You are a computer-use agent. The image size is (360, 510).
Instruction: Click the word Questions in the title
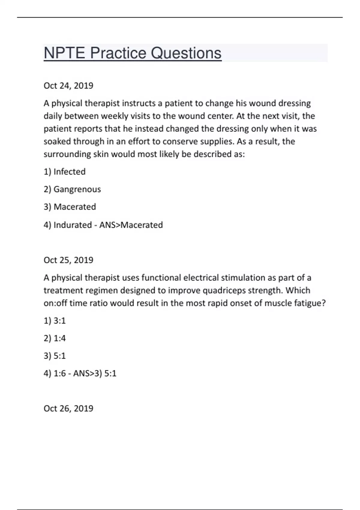pyautogui.click(x=186, y=53)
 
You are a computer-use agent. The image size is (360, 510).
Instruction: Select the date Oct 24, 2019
pyautogui.click(x=68, y=86)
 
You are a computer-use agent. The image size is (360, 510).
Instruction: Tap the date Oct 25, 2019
pyautogui.click(x=68, y=260)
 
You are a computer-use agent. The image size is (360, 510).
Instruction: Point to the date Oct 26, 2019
pyautogui.click(x=68, y=409)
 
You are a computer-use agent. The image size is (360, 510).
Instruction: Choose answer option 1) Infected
pyautogui.click(x=64, y=172)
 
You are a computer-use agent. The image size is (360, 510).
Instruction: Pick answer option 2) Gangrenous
pyautogui.click(x=72, y=189)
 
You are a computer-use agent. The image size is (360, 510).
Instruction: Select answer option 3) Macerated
pyautogui.click(x=70, y=207)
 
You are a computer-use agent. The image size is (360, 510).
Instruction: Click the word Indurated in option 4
pyautogui.click(x=73, y=225)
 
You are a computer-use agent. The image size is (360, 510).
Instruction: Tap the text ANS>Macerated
pyautogui.click(x=131, y=225)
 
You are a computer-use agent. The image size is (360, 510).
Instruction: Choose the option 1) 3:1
pyautogui.click(x=55, y=321)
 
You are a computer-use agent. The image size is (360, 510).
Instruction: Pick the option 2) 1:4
pyautogui.click(x=55, y=338)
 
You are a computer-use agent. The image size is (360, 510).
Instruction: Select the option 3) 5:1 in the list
pyautogui.click(x=55, y=356)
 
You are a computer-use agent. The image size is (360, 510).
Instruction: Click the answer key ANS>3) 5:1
pyautogui.click(x=95, y=373)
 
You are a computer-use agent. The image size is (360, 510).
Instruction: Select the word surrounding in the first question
pyautogui.click(x=67, y=154)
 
